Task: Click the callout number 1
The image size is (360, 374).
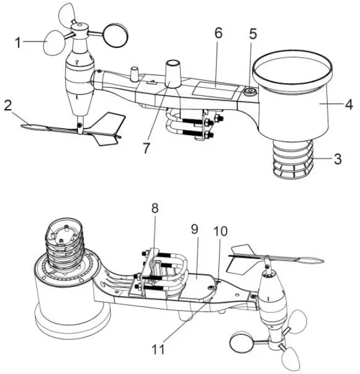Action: (x=18, y=42)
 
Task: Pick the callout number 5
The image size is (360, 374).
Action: (x=253, y=33)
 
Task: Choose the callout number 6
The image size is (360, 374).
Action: (x=218, y=33)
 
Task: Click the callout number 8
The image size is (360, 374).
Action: (x=154, y=208)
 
